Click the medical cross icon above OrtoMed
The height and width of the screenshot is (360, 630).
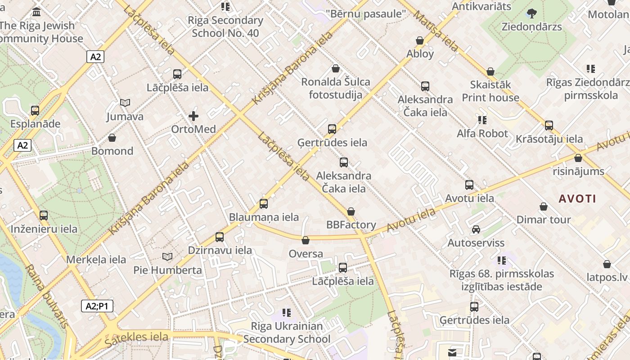(193, 116)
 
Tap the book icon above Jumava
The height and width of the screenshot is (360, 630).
(125, 103)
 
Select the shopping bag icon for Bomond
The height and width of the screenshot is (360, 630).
(112, 138)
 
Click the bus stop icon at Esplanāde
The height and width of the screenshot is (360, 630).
(35, 110)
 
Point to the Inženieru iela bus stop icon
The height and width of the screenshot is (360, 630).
(44, 216)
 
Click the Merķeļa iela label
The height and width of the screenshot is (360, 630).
(96, 260)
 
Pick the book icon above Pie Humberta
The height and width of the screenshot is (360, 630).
(167, 257)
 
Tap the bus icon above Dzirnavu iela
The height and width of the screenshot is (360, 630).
(220, 237)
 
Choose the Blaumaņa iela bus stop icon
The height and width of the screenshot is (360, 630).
(264, 204)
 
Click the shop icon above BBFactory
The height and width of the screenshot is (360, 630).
(351, 211)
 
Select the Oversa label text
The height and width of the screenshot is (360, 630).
(306, 254)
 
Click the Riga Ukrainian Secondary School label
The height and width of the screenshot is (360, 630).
(287, 333)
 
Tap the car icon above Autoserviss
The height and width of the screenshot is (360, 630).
(476, 229)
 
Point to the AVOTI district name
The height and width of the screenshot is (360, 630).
(577, 198)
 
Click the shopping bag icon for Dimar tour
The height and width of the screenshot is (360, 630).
(544, 207)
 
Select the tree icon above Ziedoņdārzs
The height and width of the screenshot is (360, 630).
(532, 13)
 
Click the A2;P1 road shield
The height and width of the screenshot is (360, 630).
(97, 306)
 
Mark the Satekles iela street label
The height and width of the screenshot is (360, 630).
(136, 337)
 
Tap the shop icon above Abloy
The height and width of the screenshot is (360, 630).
(420, 40)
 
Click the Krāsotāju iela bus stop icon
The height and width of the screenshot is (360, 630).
(549, 126)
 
